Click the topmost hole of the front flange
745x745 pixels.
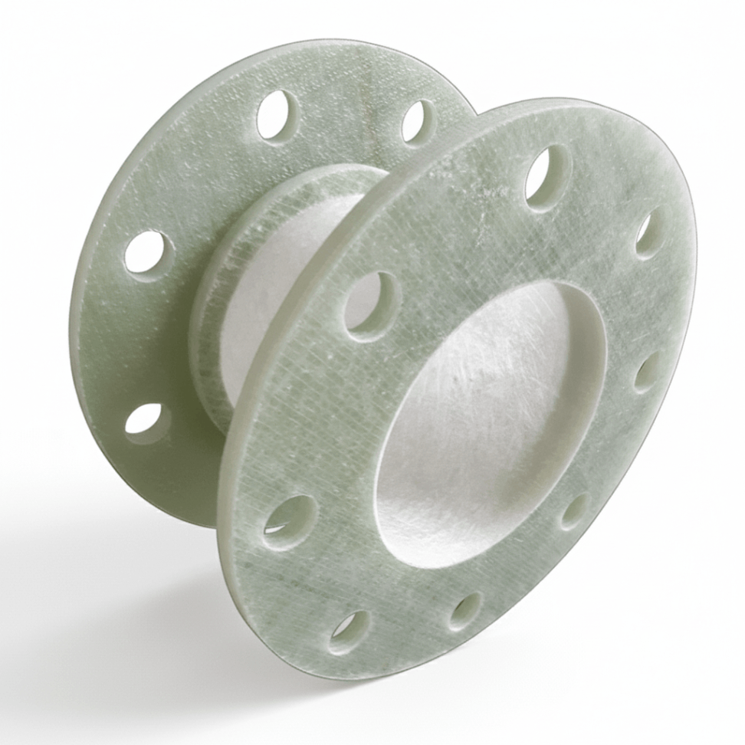547,177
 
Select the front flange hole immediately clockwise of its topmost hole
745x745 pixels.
651,233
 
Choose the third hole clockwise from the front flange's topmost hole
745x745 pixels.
574,510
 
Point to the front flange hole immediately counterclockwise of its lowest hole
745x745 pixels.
290,521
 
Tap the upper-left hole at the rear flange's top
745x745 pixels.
277,116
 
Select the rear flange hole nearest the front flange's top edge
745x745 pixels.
418,121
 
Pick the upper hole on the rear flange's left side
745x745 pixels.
148,252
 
